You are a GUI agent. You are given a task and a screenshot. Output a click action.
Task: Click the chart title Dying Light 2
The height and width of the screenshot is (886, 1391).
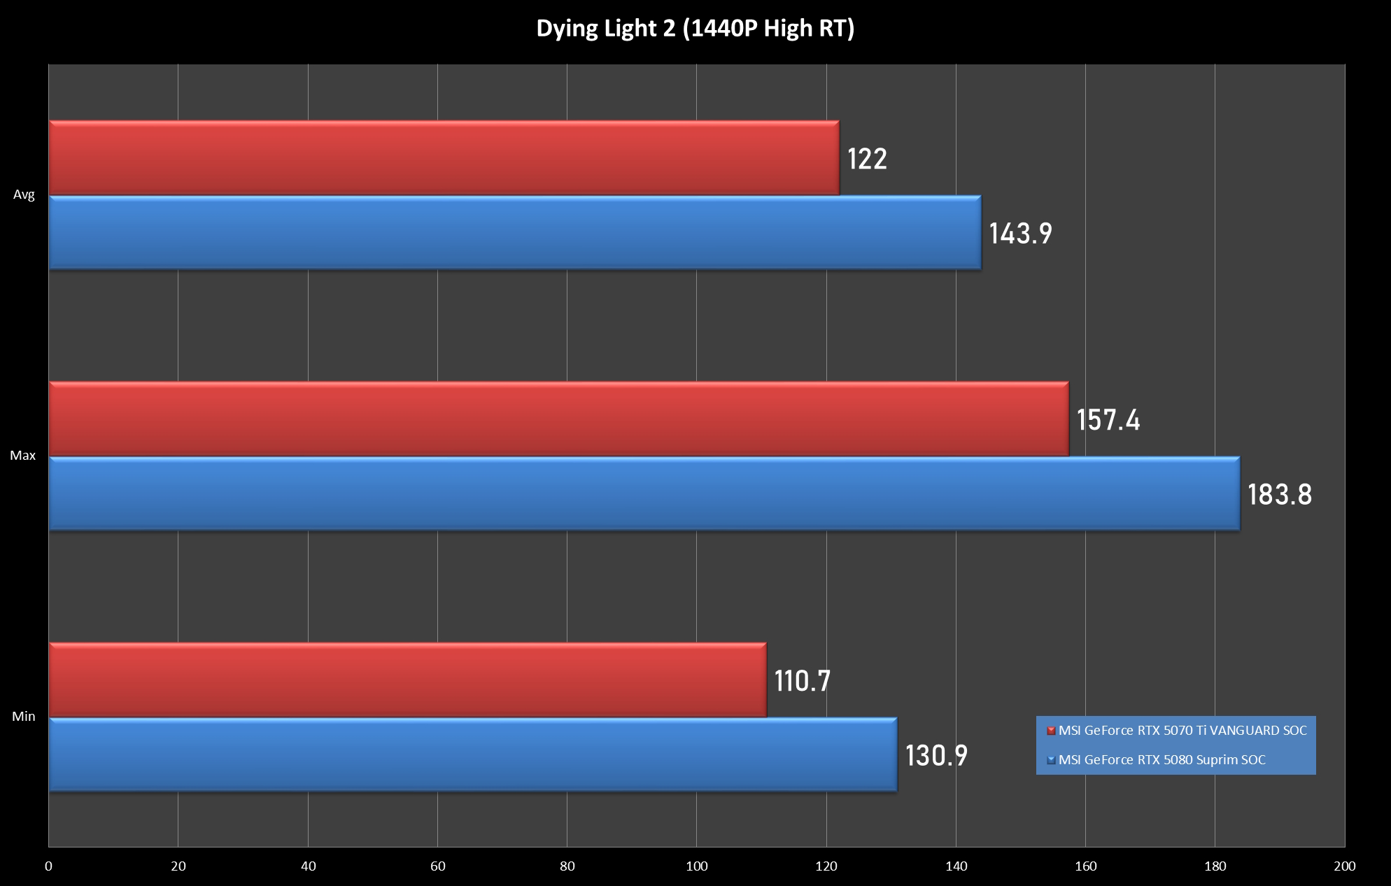(x=695, y=29)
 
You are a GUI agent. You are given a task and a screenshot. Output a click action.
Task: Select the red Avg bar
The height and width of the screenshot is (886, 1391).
(x=444, y=158)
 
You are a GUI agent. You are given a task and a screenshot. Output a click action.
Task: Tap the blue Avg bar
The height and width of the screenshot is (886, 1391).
(x=515, y=232)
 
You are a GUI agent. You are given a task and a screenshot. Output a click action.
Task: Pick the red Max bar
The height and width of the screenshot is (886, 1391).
(x=558, y=419)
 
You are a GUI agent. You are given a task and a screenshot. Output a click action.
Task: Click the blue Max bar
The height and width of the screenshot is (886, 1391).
(x=644, y=494)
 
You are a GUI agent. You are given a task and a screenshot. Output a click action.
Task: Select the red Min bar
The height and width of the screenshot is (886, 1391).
(x=407, y=680)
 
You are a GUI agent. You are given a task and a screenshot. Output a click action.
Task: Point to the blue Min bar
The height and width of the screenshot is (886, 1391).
(x=473, y=755)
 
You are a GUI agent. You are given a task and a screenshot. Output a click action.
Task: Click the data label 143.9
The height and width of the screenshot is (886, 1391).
(x=1020, y=234)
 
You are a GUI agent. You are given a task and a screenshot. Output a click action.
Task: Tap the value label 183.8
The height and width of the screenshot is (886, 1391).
(x=1280, y=495)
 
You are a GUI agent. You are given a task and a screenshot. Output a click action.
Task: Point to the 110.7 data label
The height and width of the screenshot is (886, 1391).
(x=802, y=681)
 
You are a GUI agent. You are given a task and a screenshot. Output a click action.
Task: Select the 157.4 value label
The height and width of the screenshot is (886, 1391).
(x=1108, y=420)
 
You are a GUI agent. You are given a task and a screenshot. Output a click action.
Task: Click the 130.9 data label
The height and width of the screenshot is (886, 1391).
(x=936, y=756)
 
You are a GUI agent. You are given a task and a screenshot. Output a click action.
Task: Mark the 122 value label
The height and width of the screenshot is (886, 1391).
(x=867, y=159)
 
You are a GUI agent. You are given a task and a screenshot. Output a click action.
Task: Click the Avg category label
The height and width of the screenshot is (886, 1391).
(x=24, y=195)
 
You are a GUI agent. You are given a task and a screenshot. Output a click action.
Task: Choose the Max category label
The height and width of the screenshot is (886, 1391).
(x=22, y=456)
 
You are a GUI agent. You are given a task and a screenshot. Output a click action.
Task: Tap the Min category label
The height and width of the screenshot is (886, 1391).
(x=23, y=717)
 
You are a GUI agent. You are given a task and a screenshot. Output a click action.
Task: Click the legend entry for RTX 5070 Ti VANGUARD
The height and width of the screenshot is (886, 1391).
(x=1182, y=731)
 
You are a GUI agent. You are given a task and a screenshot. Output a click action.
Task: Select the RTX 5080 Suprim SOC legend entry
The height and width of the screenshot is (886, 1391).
(x=1161, y=760)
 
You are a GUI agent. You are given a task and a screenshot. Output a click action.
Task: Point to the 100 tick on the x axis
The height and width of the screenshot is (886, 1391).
(x=696, y=866)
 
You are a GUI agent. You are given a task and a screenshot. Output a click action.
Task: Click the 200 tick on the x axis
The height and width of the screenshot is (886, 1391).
(x=1344, y=866)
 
